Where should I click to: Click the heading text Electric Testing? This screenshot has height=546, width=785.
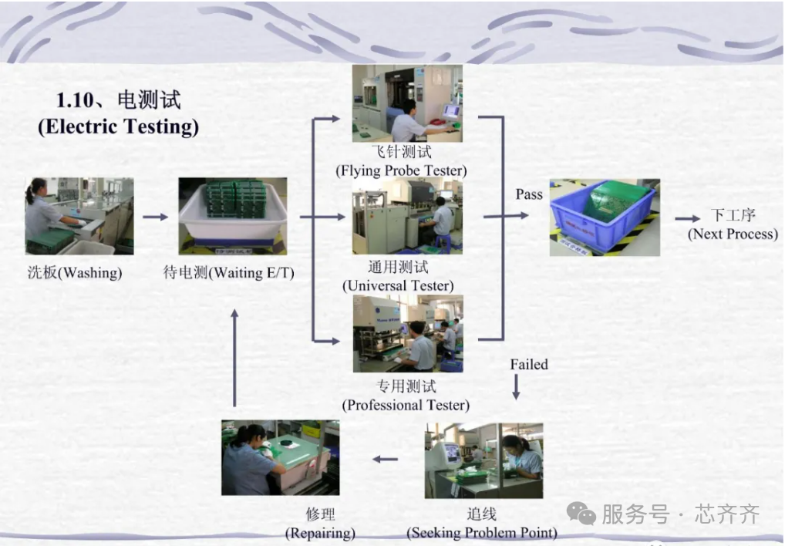tap(119, 126)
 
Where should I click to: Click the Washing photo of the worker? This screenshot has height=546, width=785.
tap(79, 216)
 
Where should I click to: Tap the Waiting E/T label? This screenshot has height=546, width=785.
tap(229, 273)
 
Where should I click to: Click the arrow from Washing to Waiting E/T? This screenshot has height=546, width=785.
tap(155, 217)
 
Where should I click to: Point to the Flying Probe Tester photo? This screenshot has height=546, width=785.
tap(407, 103)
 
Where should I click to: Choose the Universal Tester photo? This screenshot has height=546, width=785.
tap(407, 216)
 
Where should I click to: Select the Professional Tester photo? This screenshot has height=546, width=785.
tap(408, 334)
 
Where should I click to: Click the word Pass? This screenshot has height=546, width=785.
tap(529, 194)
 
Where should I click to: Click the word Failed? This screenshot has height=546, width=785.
tap(529, 364)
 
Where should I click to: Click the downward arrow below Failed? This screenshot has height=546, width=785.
tap(516, 387)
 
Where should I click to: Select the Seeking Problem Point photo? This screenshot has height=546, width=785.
tap(483, 460)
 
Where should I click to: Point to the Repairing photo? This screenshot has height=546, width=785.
tap(281, 458)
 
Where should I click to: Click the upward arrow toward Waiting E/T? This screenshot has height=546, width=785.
tap(234, 358)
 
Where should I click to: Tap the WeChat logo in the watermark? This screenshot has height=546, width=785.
tap(581, 514)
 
